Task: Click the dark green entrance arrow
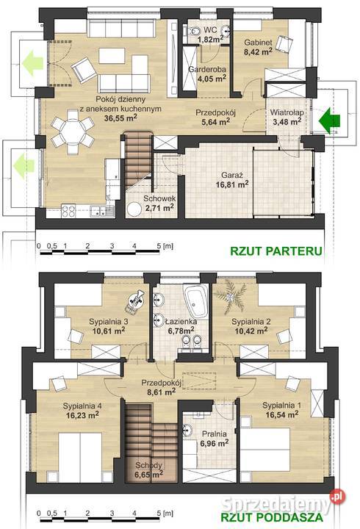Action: point(330,120)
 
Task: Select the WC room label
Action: point(210,29)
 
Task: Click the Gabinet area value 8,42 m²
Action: point(258,51)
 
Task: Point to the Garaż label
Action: point(232,175)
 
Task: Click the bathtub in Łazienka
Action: point(196,301)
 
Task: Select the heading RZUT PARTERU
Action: point(276,251)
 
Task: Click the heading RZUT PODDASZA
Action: point(272,517)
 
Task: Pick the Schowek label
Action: point(159,198)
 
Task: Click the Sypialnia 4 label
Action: point(82,406)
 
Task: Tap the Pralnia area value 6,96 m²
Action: point(215,443)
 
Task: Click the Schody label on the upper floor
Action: point(148,465)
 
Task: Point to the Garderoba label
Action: point(207,70)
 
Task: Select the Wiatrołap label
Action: point(287,112)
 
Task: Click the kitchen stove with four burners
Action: point(68,211)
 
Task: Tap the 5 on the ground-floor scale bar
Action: point(159,246)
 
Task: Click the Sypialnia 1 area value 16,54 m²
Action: point(281,414)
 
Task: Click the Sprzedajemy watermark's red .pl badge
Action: point(337,497)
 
